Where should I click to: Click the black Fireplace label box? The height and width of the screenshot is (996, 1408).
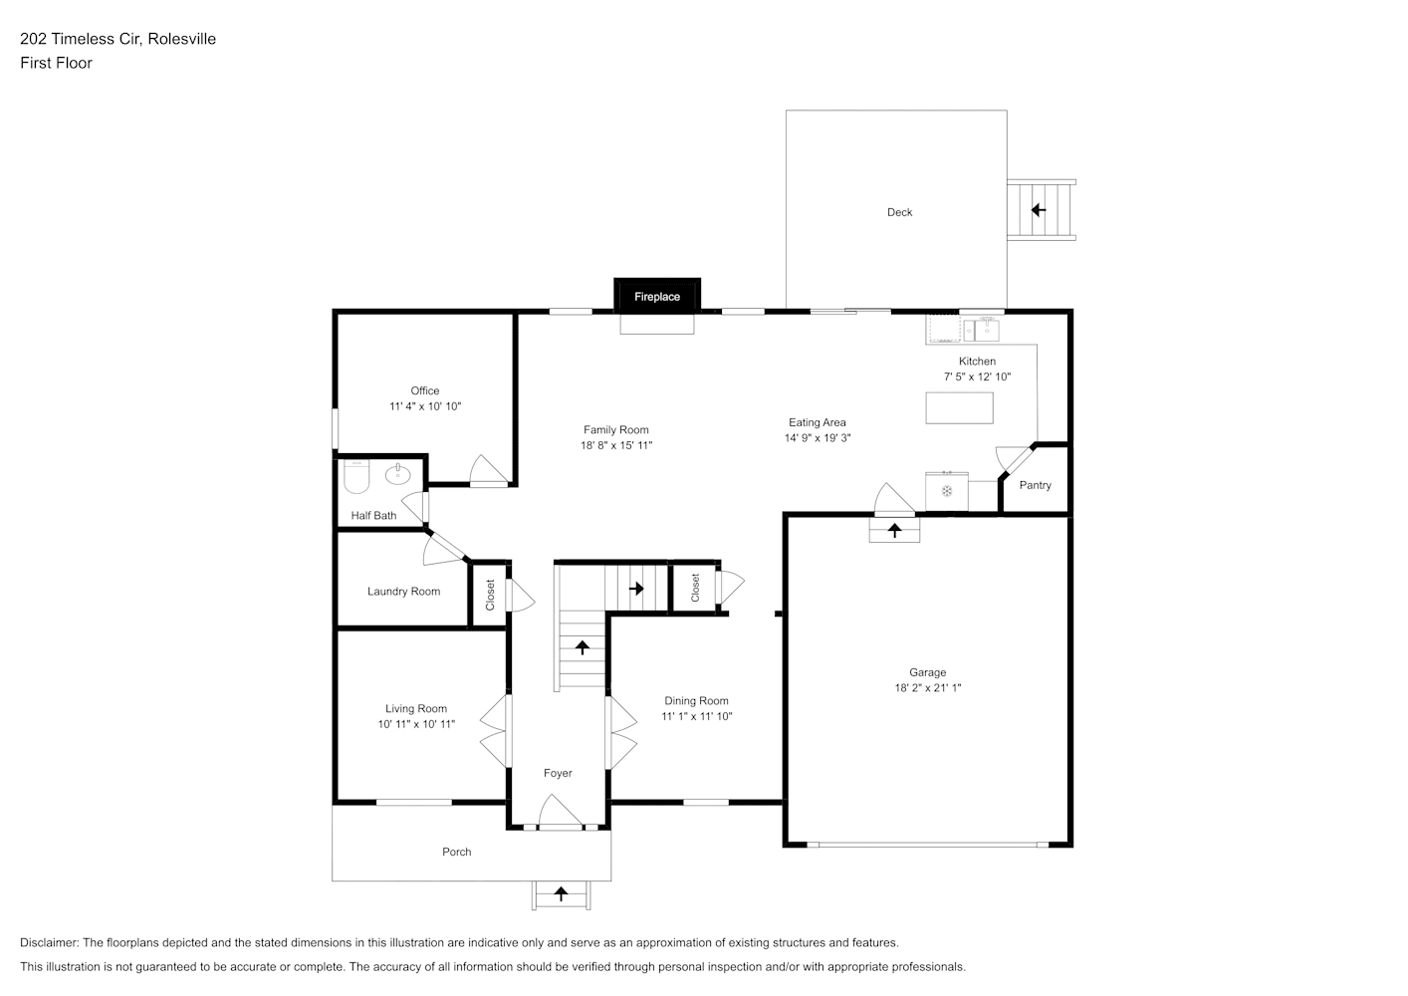point(657,296)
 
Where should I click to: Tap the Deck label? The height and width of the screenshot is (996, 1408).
point(899,212)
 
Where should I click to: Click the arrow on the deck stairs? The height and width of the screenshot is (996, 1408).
point(1039,210)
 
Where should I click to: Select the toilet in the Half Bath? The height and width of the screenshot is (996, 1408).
point(356,477)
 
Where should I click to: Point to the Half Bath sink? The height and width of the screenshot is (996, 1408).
point(398,474)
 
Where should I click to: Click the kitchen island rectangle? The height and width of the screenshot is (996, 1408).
point(959,408)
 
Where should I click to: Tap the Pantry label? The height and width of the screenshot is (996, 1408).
point(1036,485)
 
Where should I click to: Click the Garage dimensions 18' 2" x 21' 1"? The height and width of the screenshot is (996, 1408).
point(928,688)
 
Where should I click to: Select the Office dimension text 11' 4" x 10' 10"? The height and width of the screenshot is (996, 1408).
point(425,406)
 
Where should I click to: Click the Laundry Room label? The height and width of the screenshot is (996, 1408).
point(403,591)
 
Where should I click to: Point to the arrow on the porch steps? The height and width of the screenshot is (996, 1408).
point(561,892)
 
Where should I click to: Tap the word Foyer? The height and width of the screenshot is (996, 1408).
point(558,773)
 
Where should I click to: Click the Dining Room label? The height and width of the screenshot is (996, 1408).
point(696,700)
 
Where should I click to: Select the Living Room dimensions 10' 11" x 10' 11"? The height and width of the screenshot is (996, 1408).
point(416,724)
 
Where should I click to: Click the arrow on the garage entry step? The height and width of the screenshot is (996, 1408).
point(894,530)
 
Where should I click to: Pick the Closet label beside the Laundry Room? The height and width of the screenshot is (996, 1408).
point(490,595)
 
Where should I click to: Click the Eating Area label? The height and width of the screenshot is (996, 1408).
point(818,422)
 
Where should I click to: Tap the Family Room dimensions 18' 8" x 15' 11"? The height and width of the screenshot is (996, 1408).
point(616,445)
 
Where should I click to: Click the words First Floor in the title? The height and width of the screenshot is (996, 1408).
point(56,63)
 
